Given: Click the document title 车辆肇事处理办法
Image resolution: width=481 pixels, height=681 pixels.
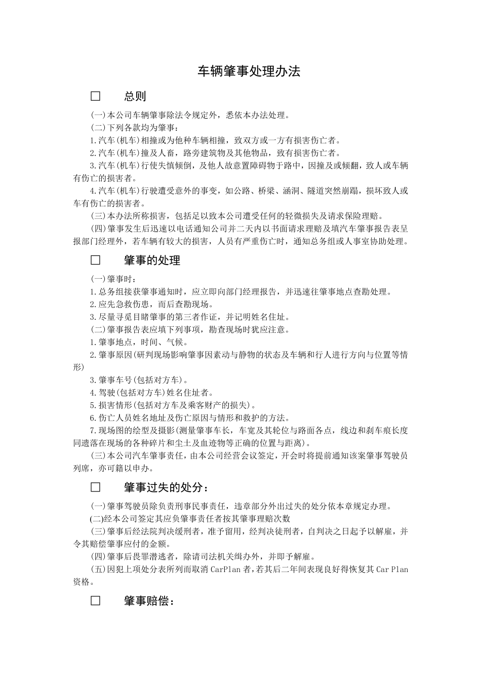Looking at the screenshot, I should coord(249,71).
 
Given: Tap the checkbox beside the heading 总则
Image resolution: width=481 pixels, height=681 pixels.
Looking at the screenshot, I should coord(95,96).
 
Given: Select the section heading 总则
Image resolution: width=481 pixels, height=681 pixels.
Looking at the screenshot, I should coord(135,96).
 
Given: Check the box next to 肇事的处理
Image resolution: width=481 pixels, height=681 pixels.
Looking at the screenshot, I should coord(95,260).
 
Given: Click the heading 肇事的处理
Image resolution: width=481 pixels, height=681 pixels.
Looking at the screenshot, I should coord(152,260).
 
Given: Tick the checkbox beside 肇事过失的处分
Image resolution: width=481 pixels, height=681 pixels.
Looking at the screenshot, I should coord(95,487).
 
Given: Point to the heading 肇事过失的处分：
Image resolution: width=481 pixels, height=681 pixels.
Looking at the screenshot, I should coord(166,487).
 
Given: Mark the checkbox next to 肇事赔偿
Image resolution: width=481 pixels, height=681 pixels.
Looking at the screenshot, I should coord(95,601).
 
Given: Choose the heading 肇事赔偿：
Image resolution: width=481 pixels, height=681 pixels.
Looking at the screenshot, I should coord(149,601).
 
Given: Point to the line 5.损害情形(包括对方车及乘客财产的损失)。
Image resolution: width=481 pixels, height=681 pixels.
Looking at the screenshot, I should coord(173,405).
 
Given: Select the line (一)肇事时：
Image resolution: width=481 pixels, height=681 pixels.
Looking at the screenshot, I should coord(113,279).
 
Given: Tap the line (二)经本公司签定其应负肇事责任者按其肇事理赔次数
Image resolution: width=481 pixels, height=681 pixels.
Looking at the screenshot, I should coord(190,519).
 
